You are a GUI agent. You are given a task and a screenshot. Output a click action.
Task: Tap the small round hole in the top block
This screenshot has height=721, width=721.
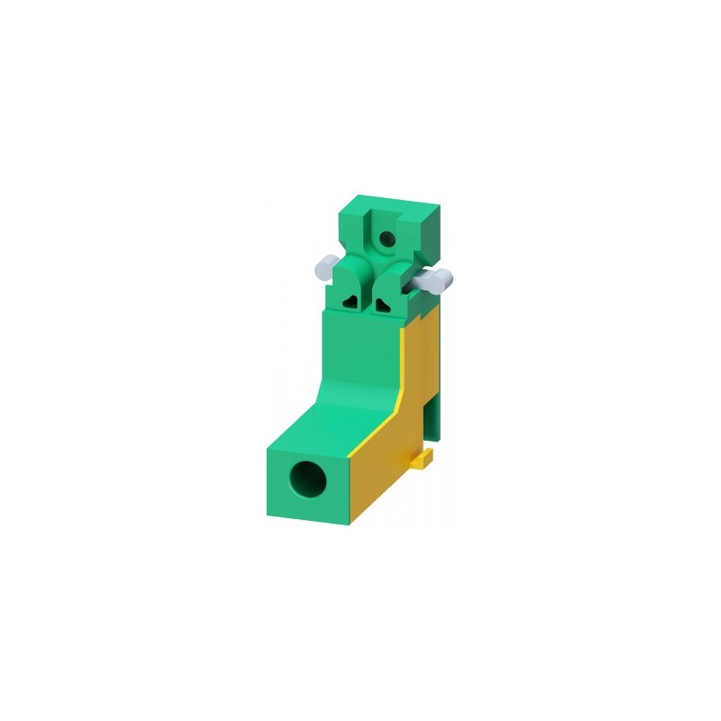click(x=387, y=239)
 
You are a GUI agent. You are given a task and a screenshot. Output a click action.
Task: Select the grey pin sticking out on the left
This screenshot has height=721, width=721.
click(x=324, y=266)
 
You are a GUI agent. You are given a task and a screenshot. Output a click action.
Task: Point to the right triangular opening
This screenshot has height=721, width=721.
click(x=385, y=304)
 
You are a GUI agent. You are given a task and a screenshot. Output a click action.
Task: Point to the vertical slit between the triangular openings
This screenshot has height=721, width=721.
click(x=370, y=297)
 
